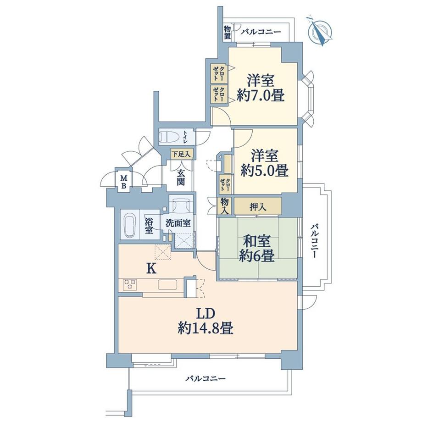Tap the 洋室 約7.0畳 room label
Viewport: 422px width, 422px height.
click(261, 88)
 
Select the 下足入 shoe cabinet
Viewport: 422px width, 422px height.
click(182, 154)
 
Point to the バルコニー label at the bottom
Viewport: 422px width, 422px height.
click(205, 379)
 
